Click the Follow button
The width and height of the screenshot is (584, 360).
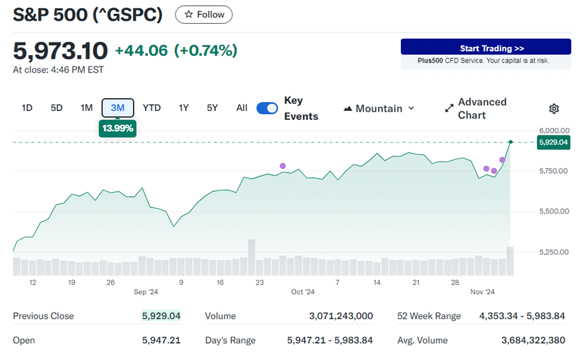click(x=204, y=14)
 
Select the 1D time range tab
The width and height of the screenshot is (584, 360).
click(x=27, y=108)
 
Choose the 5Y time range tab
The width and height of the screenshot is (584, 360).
click(x=212, y=108)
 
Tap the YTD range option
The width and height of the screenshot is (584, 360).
click(x=152, y=108)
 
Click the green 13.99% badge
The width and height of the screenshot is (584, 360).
click(x=117, y=128)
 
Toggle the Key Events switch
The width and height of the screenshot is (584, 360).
click(x=267, y=108)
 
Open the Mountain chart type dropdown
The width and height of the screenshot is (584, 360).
click(x=379, y=109)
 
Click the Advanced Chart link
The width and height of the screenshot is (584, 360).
click(x=475, y=109)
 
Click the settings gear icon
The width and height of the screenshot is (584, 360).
click(x=554, y=109)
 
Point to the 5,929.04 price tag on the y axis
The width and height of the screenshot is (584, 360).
click(x=553, y=142)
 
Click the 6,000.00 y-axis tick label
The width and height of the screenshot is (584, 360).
click(x=553, y=130)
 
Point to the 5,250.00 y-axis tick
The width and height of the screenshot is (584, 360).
click(x=553, y=252)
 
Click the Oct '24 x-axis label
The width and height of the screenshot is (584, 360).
click(x=302, y=292)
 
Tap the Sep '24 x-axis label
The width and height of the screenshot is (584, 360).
click(x=146, y=292)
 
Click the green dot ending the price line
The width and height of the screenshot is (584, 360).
click(x=511, y=142)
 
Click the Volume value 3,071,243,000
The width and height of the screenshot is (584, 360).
click(x=341, y=316)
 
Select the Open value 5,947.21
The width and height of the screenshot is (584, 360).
click(x=161, y=341)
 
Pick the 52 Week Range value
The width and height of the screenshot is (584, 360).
click(x=522, y=316)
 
